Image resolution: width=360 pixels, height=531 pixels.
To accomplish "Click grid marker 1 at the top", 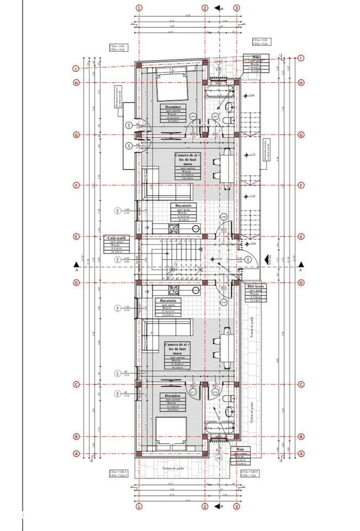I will click(x=139, y=8).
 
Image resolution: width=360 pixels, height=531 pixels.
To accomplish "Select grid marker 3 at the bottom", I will click(x=237, y=507).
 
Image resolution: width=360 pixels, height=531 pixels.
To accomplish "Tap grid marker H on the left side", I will click(x=77, y=82).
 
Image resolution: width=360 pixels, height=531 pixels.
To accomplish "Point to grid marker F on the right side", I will click(x=301, y=186).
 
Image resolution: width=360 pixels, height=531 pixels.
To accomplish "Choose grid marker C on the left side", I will click(x=77, y=384).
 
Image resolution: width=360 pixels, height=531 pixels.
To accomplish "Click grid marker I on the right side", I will click(x=301, y=58).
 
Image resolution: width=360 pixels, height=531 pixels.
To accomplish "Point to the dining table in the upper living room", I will click(x=227, y=169).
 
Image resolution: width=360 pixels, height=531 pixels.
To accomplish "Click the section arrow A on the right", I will click(x=301, y=265).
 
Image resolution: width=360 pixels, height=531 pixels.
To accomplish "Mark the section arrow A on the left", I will click(x=78, y=265).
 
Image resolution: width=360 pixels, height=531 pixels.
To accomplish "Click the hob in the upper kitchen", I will click(x=174, y=229).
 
